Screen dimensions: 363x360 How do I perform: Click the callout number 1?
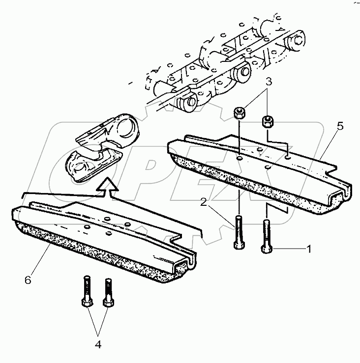tap(309, 249)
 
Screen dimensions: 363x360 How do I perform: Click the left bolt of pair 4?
tap(86, 293)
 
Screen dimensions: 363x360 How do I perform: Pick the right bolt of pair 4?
tap(107, 294)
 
